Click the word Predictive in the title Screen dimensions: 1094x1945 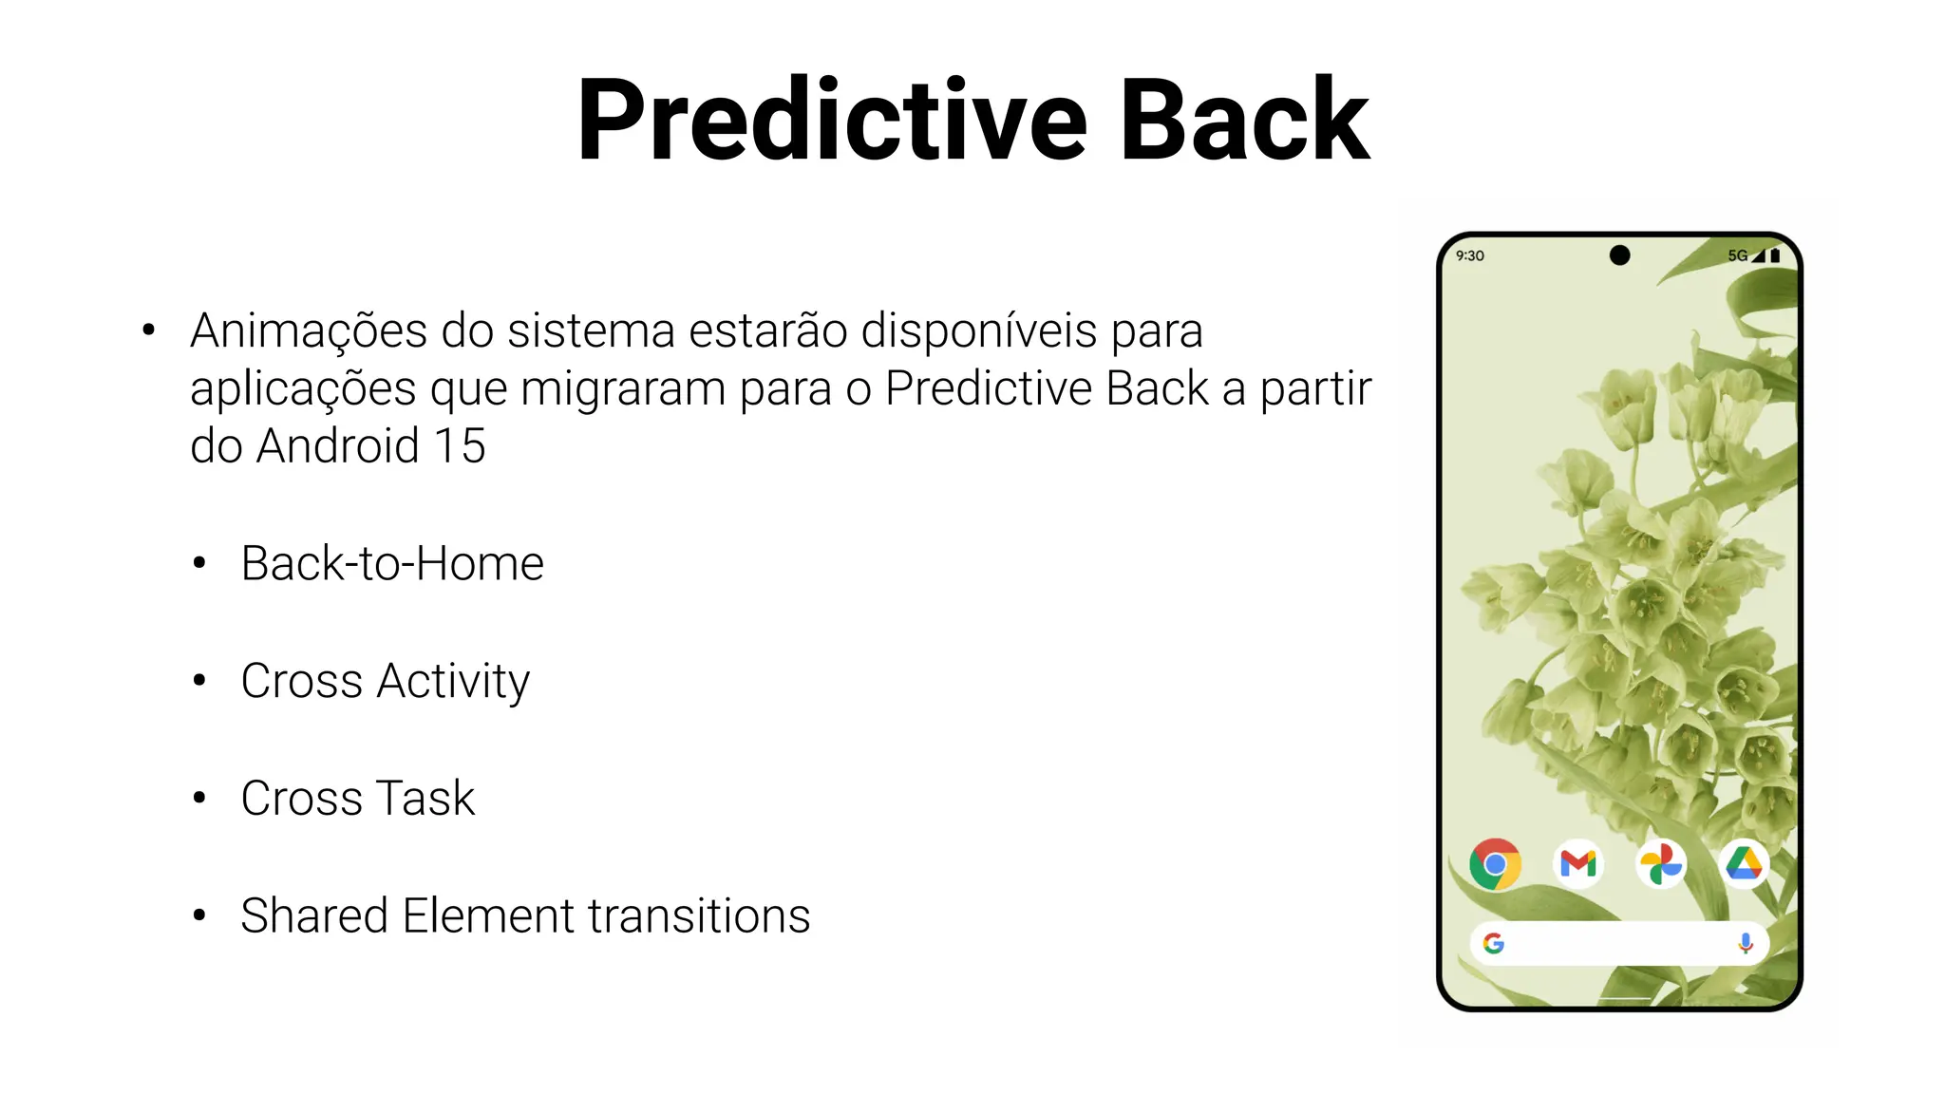click(832, 122)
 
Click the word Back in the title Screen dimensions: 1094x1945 click(1244, 122)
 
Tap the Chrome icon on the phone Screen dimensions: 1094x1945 click(1495, 864)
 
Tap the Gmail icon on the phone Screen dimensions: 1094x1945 click(1578, 864)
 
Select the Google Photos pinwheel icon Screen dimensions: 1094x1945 click(1661, 864)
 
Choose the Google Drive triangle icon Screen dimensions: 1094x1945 click(1744, 864)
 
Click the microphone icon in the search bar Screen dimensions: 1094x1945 click(1746, 943)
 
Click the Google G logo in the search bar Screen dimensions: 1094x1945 click(1494, 943)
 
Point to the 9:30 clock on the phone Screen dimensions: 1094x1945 click(1469, 255)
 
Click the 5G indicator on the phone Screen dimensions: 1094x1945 click(1737, 255)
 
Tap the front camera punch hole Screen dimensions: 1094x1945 click(1620, 255)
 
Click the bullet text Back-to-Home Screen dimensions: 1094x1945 click(392, 564)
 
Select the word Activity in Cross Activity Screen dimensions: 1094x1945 click(453, 682)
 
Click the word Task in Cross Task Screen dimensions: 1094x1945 click(425, 799)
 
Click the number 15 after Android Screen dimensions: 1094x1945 click(460, 446)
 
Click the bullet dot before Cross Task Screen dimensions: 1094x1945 click(199, 798)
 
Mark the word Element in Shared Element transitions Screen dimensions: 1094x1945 click(488, 916)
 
